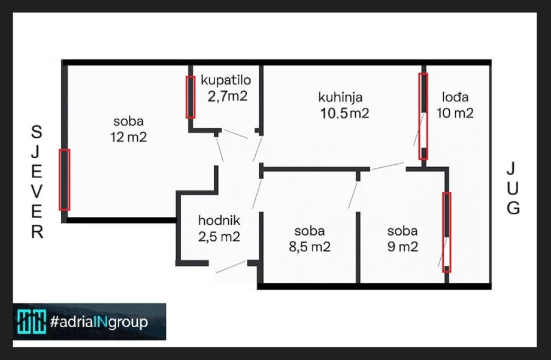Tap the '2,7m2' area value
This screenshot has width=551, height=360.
click(228, 96)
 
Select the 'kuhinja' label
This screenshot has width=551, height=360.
click(340, 97)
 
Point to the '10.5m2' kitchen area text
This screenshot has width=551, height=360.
click(344, 113)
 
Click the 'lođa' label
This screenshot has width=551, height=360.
click(455, 97)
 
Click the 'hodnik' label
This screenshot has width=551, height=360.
click(219, 220)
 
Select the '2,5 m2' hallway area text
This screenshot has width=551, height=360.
click(219, 237)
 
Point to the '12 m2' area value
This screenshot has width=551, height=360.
click(128, 137)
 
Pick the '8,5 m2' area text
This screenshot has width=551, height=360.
click(310, 246)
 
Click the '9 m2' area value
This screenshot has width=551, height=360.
click(402, 246)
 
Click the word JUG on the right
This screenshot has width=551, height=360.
click(513, 188)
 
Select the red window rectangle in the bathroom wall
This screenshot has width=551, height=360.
click(190, 97)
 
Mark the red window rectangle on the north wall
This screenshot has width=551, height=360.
click(64, 180)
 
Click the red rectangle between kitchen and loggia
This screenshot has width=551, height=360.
click(423, 116)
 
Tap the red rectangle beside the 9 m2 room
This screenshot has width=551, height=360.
click(447, 232)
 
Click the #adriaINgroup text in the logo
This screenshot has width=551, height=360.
click(98, 322)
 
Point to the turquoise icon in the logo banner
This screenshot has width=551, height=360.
click(31, 322)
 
